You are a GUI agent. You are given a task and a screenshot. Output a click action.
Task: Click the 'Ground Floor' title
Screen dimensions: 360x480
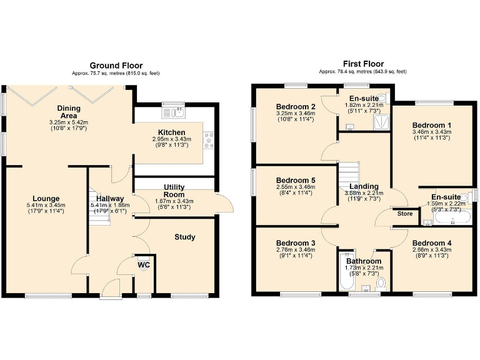tap(116, 65)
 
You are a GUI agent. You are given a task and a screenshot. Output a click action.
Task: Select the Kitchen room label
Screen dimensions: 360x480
tap(171, 132)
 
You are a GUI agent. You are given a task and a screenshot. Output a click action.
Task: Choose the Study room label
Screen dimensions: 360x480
tap(185, 237)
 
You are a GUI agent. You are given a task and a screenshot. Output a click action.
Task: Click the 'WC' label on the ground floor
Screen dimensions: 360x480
tap(144, 265)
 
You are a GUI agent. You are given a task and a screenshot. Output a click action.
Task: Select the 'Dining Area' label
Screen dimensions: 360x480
tap(69, 112)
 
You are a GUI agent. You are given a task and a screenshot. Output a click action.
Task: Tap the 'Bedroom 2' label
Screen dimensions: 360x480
tap(295, 107)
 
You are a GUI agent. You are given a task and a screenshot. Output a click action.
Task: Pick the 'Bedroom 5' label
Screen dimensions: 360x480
tap(296, 180)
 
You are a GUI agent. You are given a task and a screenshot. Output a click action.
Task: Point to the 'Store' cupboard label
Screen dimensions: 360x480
tap(405, 214)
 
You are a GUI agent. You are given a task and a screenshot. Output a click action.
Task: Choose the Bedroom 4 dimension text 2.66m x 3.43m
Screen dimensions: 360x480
tap(432, 250)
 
